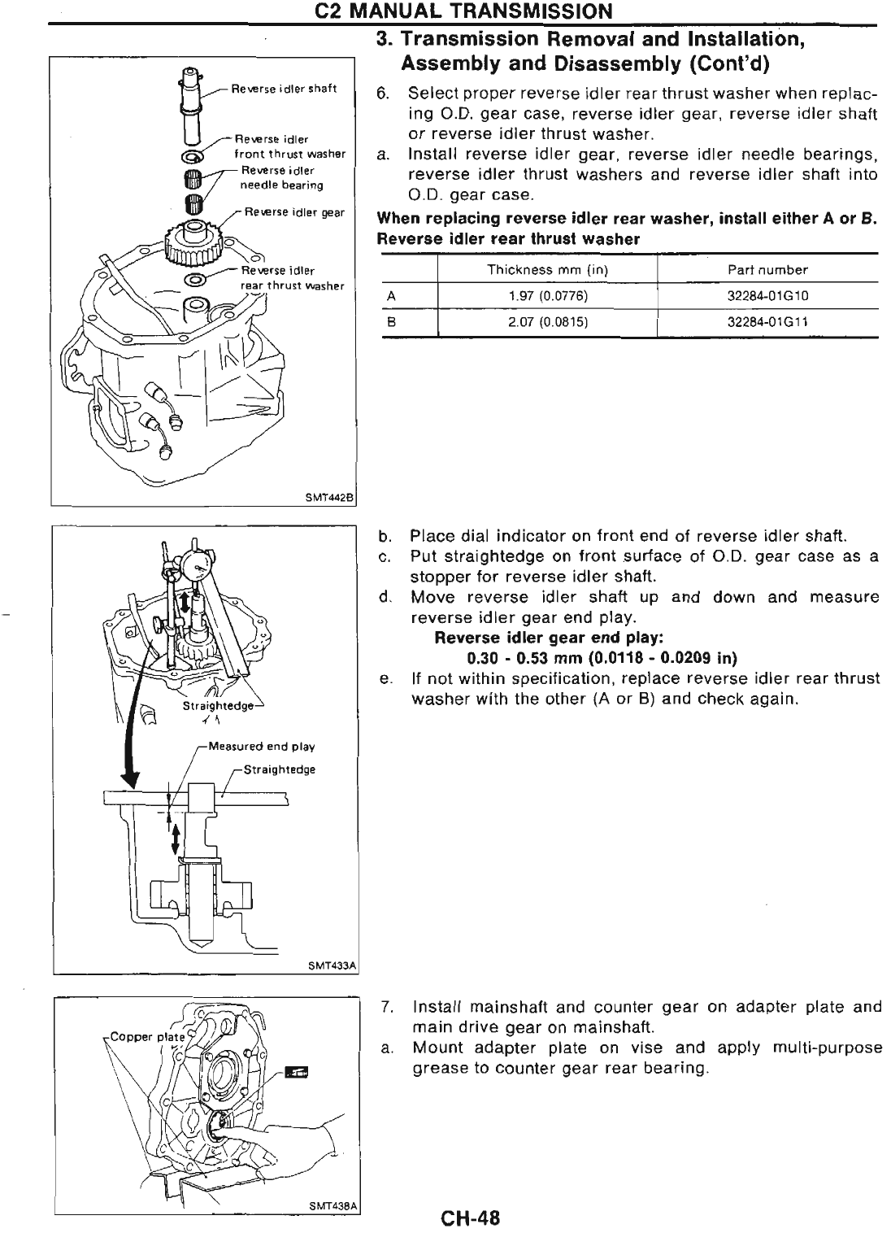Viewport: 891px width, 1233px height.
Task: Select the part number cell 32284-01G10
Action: [767, 296]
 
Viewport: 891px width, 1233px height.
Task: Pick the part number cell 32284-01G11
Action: [767, 322]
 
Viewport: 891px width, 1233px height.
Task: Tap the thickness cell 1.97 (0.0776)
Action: [547, 296]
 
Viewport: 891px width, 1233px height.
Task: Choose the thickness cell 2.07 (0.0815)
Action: [547, 322]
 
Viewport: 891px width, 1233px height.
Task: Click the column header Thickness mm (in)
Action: [547, 269]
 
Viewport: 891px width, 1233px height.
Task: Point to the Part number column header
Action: [767, 269]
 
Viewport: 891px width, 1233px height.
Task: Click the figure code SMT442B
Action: [334, 499]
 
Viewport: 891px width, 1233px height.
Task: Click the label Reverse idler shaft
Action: [284, 89]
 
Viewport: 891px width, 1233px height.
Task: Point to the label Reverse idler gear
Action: [294, 213]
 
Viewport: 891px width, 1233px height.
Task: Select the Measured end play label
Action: [261, 746]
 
